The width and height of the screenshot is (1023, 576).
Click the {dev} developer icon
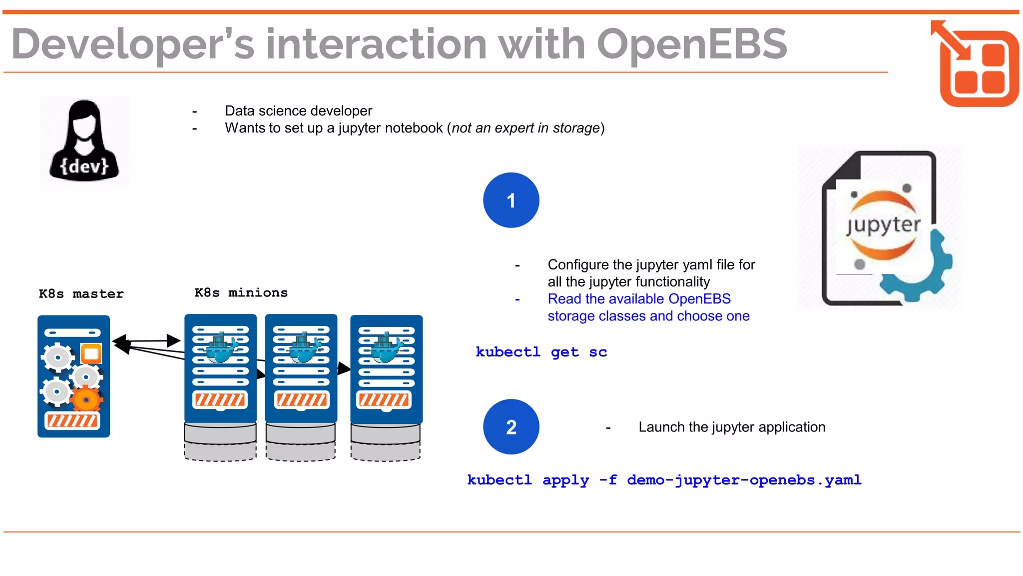click(x=84, y=141)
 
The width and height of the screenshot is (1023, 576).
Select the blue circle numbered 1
click(x=511, y=200)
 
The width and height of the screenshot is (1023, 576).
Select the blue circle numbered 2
click(x=511, y=427)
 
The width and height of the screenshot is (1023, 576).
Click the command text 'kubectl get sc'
click(x=541, y=352)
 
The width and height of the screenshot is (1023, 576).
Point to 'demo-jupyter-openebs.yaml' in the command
click(x=744, y=480)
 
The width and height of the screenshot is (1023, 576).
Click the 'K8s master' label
click(x=81, y=294)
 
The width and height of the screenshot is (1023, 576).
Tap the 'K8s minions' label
click(x=241, y=293)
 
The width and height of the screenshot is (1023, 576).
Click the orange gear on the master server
click(x=86, y=400)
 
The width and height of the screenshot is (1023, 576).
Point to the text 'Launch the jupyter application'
click(x=732, y=427)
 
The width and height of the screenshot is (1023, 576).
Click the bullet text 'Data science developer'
click(x=298, y=111)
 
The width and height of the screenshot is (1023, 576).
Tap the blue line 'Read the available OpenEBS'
click(x=639, y=299)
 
